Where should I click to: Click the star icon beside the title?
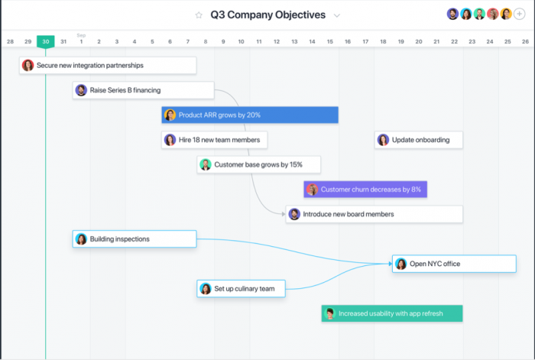pyautogui.click(x=199, y=15)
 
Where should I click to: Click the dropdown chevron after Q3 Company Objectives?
pyautogui.click(x=337, y=15)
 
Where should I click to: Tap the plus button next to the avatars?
pyautogui.click(x=520, y=15)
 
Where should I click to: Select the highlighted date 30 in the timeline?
pyautogui.click(x=45, y=41)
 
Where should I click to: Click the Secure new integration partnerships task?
pyautogui.click(x=107, y=66)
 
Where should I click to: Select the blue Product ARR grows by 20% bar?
pyautogui.click(x=250, y=115)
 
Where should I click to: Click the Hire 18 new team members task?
pyautogui.click(x=215, y=140)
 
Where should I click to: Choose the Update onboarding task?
pyautogui.click(x=419, y=140)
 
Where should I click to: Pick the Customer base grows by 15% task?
pyautogui.click(x=258, y=164)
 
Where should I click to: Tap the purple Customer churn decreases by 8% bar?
pyautogui.click(x=365, y=190)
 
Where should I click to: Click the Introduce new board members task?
pyautogui.click(x=374, y=214)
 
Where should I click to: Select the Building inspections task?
pyautogui.click(x=135, y=239)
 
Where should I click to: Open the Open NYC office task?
pyautogui.click(x=454, y=264)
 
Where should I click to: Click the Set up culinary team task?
pyautogui.click(x=241, y=289)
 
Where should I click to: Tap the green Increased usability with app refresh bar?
pyautogui.click(x=392, y=313)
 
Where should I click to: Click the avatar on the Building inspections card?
pyautogui.click(x=81, y=239)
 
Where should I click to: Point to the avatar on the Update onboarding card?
pyautogui.click(x=383, y=140)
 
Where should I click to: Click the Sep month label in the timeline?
pyautogui.click(x=81, y=34)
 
